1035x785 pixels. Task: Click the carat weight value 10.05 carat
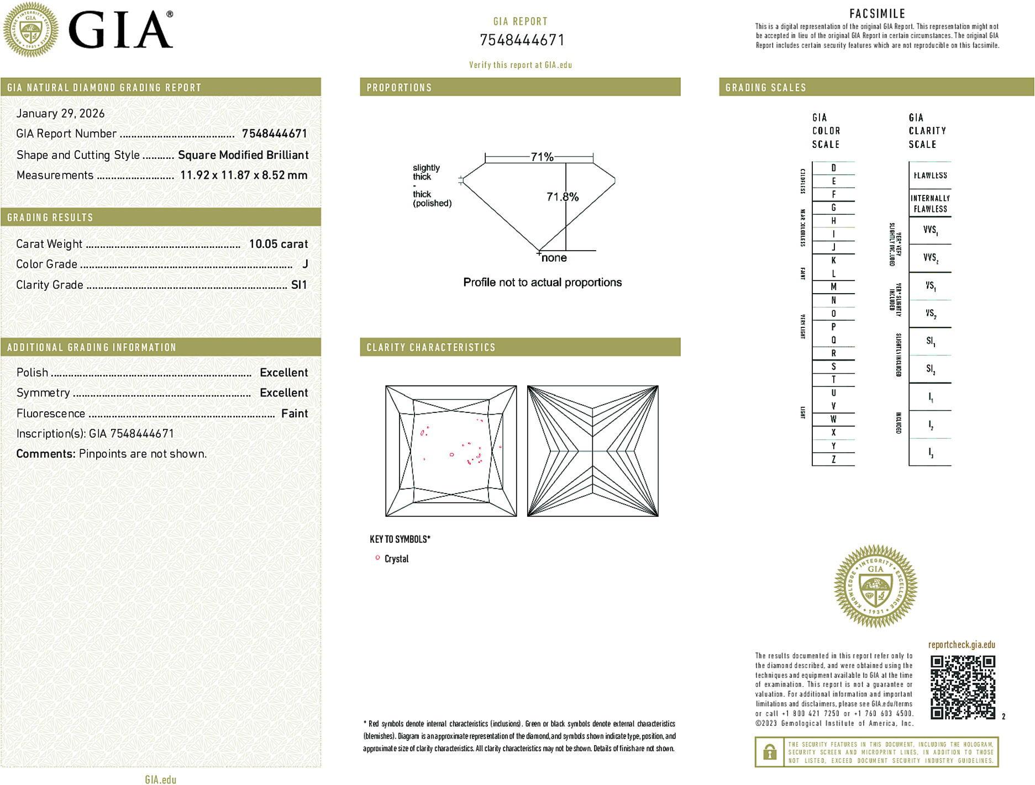tap(278, 244)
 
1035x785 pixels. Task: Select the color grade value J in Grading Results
tap(305, 264)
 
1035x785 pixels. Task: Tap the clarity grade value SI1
tap(298, 285)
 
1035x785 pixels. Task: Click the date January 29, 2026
tap(60, 113)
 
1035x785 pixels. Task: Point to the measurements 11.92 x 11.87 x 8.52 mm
tap(243, 175)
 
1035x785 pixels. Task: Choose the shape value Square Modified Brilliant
tap(243, 155)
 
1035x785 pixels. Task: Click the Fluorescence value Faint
tap(294, 413)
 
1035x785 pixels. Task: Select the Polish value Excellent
tap(283, 373)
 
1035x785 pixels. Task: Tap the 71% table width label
tap(542, 157)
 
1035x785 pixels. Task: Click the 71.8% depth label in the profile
tap(562, 197)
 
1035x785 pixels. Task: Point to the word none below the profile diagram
tap(554, 258)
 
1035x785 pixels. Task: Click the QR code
tap(962, 687)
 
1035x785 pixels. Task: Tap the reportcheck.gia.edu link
tap(961, 645)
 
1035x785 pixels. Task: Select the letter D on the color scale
tap(833, 168)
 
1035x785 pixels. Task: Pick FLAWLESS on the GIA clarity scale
tap(930, 176)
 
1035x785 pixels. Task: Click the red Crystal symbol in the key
tap(377, 558)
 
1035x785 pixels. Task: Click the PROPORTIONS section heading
tap(399, 88)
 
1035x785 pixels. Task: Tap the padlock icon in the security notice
tap(769, 752)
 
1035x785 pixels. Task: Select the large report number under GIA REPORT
tap(522, 40)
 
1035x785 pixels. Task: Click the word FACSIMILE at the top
tap(877, 14)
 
